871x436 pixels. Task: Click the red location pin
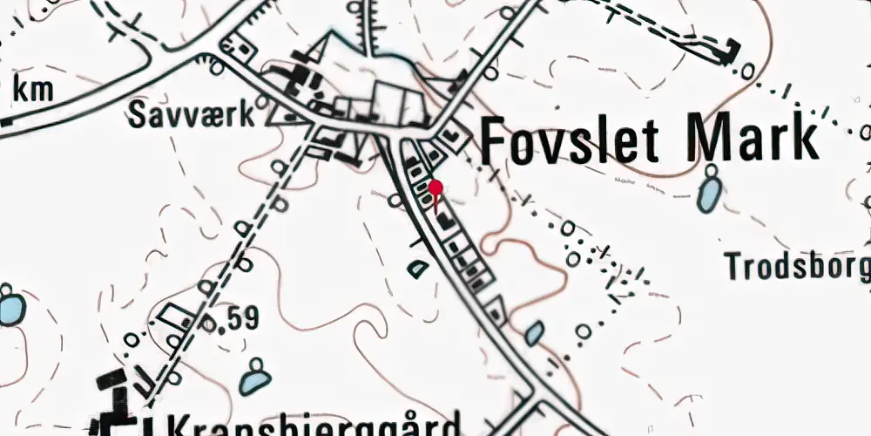click(436, 187)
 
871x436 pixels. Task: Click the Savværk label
click(192, 114)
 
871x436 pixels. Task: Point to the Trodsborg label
click(798, 266)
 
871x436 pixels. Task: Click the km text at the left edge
click(34, 90)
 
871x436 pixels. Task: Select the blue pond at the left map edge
click(10, 308)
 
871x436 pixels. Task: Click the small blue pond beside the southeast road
click(535, 333)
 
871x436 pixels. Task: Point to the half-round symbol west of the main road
click(419, 269)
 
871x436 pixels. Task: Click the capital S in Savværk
click(138, 114)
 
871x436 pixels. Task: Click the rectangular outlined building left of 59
click(174, 315)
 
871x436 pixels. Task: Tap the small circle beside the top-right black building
click(748, 71)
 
